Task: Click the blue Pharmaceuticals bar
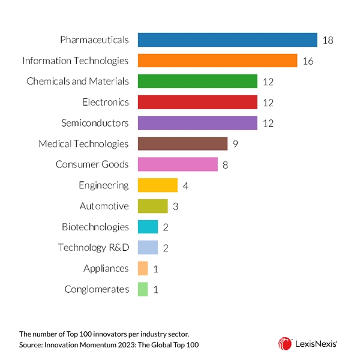point(227,40)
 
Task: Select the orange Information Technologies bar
point(218,61)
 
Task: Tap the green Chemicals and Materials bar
point(197,82)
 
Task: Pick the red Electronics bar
point(197,102)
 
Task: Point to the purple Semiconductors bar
point(197,123)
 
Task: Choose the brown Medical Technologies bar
point(182,143)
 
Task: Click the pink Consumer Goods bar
point(178,164)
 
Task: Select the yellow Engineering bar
point(158,185)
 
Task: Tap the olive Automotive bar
point(152,206)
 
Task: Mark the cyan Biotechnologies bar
point(148,227)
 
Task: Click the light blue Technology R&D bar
point(148,247)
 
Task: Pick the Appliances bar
point(143,268)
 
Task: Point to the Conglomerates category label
point(97,289)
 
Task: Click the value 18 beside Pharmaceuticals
point(327,40)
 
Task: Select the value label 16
point(308,61)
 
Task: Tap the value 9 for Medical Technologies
point(235,144)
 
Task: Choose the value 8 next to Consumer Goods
point(225,165)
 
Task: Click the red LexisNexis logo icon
point(284,343)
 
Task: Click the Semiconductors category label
point(95,123)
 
